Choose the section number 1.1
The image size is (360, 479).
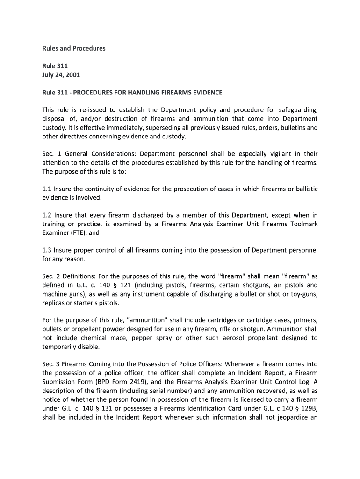(x=47, y=189)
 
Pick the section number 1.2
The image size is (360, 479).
(x=47, y=215)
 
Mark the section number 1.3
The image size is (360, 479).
(x=47, y=250)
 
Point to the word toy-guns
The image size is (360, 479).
(x=303, y=294)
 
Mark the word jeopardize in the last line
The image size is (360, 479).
(x=288, y=417)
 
